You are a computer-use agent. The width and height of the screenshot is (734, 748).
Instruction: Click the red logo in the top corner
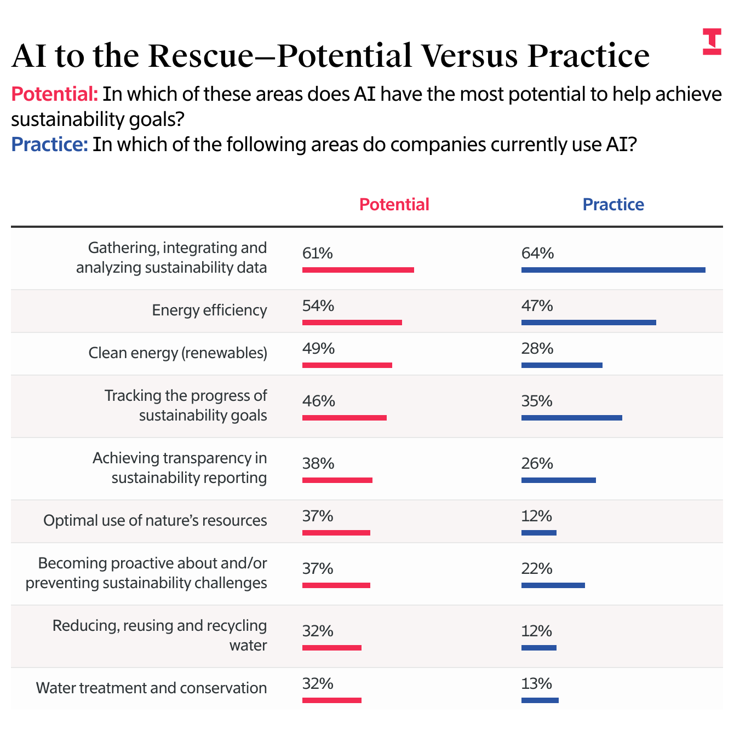pyautogui.click(x=712, y=42)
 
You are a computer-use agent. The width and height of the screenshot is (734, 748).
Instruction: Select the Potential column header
pyautogui.click(x=394, y=204)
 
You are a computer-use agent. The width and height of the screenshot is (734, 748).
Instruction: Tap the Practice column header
pyautogui.click(x=613, y=204)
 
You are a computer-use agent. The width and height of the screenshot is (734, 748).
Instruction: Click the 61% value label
pyautogui.click(x=318, y=253)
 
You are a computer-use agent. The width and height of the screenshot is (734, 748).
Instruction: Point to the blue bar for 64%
pyautogui.click(x=613, y=270)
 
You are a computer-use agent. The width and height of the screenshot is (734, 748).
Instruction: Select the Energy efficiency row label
pyautogui.click(x=209, y=310)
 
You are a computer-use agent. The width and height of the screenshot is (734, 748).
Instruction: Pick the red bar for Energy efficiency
pyautogui.click(x=352, y=323)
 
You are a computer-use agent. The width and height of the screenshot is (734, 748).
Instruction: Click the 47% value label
pyautogui.click(x=537, y=306)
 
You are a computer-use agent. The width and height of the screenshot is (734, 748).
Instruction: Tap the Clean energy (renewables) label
pyautogui.click(x=178, y=353)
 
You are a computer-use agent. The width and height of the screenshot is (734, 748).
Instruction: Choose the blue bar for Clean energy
pyautogui.click(x=561, y=365)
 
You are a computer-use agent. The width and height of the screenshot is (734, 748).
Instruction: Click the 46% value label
pyautogui.click(x=318, y=401)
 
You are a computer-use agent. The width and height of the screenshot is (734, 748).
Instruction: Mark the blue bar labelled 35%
pyautogui.click(x=571, y=418)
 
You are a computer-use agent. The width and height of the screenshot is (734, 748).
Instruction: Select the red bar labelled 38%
pyautogui.click(x=337, y=480)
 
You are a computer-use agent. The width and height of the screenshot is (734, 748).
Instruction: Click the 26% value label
pyautogui.click(x=537, y=463)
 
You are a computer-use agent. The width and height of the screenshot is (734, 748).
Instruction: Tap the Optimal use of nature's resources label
pyautogui.click(x=155, y=520)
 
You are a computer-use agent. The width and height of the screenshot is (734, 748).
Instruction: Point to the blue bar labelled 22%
pyautogui.click(x=553, y=585)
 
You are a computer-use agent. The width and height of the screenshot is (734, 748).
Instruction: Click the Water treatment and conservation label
pyautogui.click(x=151, y=688)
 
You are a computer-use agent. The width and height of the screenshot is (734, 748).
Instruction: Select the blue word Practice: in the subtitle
pyautogui.click(x=49, y=145)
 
